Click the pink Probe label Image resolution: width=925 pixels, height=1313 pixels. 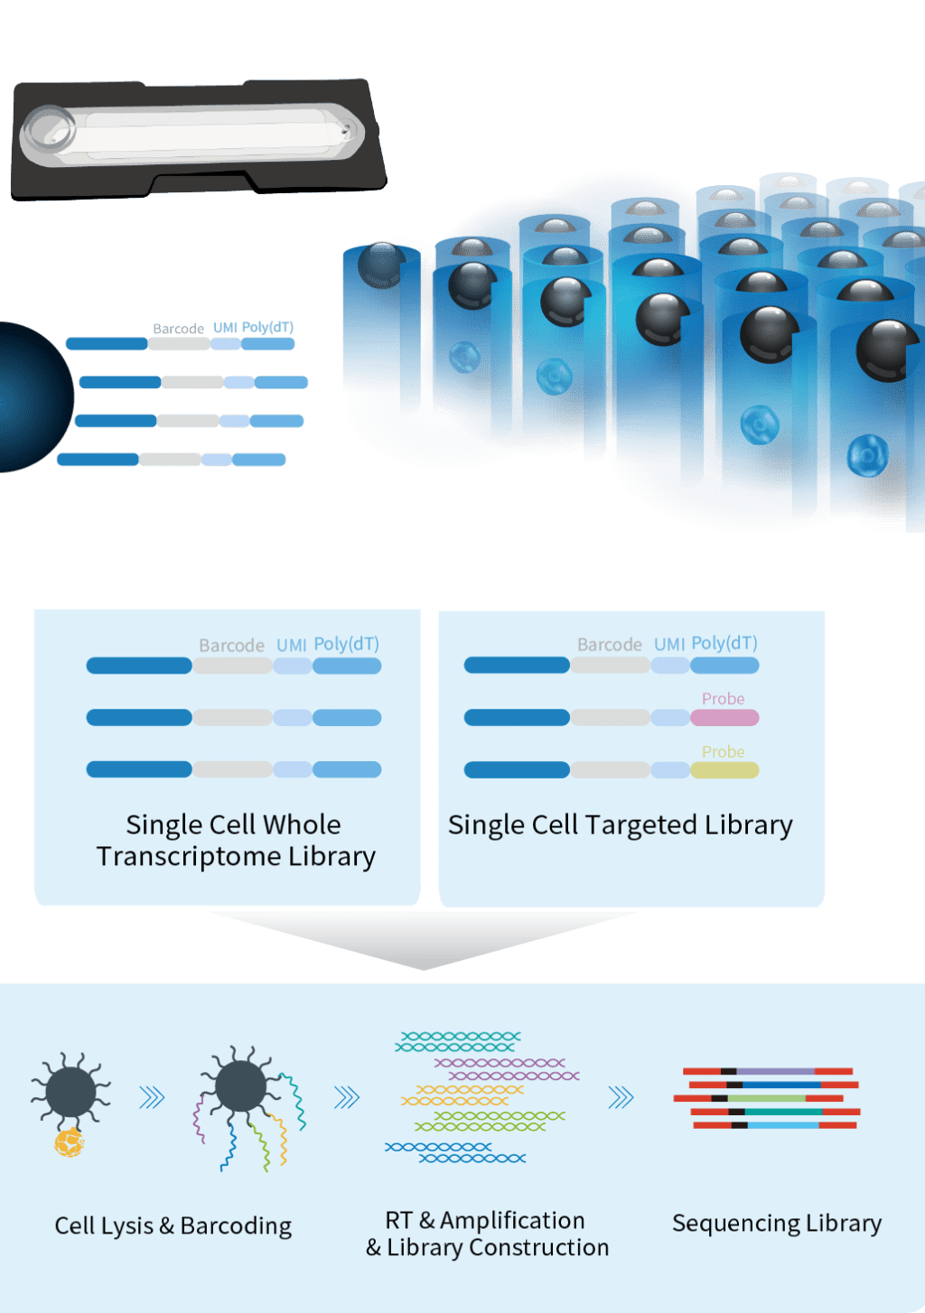(x=723, y=699)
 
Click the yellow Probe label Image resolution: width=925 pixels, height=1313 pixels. (x=723, y=751)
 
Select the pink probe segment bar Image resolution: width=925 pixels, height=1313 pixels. (x=724, y=718)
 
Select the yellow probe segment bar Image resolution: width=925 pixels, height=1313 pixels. (x=724, y=770)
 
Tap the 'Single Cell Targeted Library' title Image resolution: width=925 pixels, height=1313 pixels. (x=621, y=824)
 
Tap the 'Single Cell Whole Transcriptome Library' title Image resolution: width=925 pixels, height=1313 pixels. (x=235, y=840)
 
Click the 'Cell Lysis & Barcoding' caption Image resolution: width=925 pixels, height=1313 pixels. (x=173, y=1225)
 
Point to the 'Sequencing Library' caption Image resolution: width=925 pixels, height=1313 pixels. (x=777, y=1223)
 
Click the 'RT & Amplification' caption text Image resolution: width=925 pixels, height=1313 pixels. (x=485, y=1220)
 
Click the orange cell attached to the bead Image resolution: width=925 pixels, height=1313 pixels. (x=69, y=1143)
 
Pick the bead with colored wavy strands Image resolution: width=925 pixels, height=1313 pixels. (x=241, y=1086)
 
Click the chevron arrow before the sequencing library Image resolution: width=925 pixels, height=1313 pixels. (x=621, y=1098)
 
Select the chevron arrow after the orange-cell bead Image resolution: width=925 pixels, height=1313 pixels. (x=152, y=1098)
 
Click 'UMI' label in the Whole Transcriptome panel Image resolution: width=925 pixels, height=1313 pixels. (x=292, y=645)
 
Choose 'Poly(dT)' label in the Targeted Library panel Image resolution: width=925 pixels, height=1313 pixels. (x=724, y=643)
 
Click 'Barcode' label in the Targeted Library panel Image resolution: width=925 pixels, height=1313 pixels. (x=610, y=645)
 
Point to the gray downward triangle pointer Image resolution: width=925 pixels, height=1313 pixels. (x=423, y=939)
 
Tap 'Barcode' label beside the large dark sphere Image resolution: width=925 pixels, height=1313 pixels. (x=178, y=329)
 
